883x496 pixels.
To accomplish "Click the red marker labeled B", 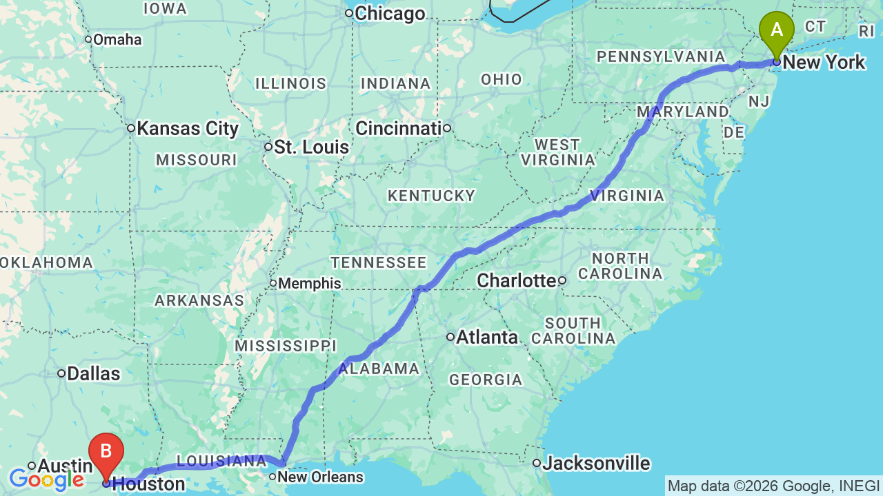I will click(x=106, y=453).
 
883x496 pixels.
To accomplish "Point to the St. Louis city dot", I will click(x=268, y=147).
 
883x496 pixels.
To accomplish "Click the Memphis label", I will click(x=310, y=283).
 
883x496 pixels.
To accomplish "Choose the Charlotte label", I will click(x=516, y=280).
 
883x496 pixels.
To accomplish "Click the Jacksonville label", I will click(x=596, y=463).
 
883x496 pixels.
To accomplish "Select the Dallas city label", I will click(x=95, y=373).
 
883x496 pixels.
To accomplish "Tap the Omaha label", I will click(x=117, y=39).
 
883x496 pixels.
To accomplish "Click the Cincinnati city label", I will click(x=399, y=128).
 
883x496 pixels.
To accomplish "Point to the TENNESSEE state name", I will click(x=379, y=262).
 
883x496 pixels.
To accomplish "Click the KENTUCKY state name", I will click(x=431, y=196).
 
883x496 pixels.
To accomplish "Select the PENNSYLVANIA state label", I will click(x=661, y=56).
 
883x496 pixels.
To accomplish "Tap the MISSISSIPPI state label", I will click(x=285, y=345).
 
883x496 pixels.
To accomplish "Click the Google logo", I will click(x=46, y=479).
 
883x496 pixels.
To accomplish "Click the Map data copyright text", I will click(x=773, y=486).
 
